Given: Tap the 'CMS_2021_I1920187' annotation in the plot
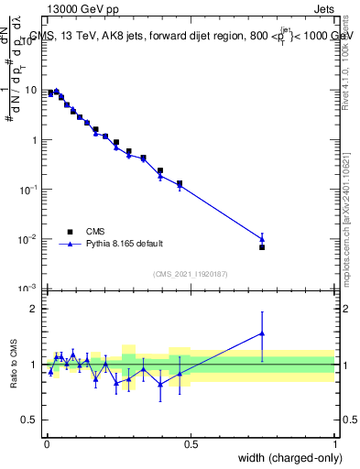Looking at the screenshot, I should [x=191, y=274].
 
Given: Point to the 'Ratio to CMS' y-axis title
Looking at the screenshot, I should [x=13, y=364].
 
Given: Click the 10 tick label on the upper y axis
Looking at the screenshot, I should [x=32, y=91].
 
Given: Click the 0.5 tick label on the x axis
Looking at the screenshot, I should [x=191, y=444].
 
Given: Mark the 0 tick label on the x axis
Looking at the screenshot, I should [x=46, y=444].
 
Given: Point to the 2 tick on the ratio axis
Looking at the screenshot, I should [x=36, y=309].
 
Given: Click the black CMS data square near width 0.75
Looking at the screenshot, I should [x=262, y=247].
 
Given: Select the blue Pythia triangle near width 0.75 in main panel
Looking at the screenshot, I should [x=262, y=239].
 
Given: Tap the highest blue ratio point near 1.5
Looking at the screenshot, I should [x=262, y=333].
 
